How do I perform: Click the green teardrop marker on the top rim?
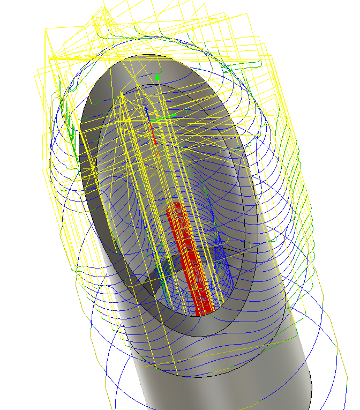[157, 78]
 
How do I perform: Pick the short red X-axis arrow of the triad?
[154, 136]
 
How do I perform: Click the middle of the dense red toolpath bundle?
[187, 257]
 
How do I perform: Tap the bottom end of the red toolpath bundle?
[203, 310]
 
